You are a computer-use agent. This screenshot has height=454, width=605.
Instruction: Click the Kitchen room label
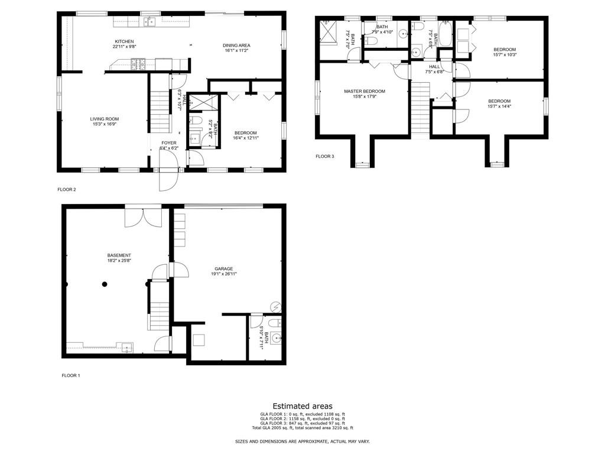(125, 41)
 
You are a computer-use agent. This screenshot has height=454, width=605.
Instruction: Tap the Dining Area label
(236, 45)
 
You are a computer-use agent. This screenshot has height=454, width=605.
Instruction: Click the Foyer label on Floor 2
(169, 143)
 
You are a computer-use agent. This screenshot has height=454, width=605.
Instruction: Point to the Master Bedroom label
(365, 91)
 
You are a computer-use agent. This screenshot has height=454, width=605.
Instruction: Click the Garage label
(220, 268)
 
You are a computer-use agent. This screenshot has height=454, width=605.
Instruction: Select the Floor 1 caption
(71, 375)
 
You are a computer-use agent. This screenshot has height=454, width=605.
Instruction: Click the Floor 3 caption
(324, 156)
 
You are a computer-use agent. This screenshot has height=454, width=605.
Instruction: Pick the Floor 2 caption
(66, 190)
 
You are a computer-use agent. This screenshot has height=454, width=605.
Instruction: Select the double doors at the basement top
(143, 216)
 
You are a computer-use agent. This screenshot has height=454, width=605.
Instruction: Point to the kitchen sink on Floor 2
(151, 22)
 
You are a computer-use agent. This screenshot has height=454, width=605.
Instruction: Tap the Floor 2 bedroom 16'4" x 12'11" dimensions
(246, 135)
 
